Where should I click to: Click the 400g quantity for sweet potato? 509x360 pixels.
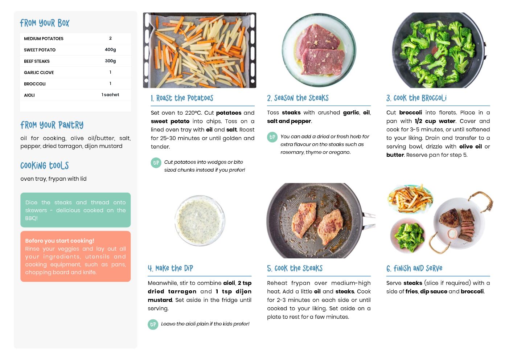point(110,50)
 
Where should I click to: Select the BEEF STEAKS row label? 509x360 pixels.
point(37,61)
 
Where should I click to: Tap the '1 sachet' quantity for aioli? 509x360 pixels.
point(110,95)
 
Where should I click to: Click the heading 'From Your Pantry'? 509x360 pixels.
point(52,125)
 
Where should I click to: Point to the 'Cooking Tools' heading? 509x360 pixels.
point(45,165)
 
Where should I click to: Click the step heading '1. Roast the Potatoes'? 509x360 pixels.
point(182,98)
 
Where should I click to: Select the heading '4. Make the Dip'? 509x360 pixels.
point(171,268)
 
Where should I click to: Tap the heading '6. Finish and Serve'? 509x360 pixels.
point(414,268)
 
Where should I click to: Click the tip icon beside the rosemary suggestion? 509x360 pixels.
point(272,137)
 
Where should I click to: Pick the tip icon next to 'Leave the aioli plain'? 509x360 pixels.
point(153,324)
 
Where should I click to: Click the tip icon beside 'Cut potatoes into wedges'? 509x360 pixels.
point(156,163)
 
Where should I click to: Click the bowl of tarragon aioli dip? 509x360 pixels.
point(200,220)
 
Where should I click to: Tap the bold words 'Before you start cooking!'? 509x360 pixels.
point(59,241)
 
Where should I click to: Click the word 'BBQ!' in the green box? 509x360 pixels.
point(31,218)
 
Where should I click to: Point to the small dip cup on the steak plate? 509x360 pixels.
point(452,234)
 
